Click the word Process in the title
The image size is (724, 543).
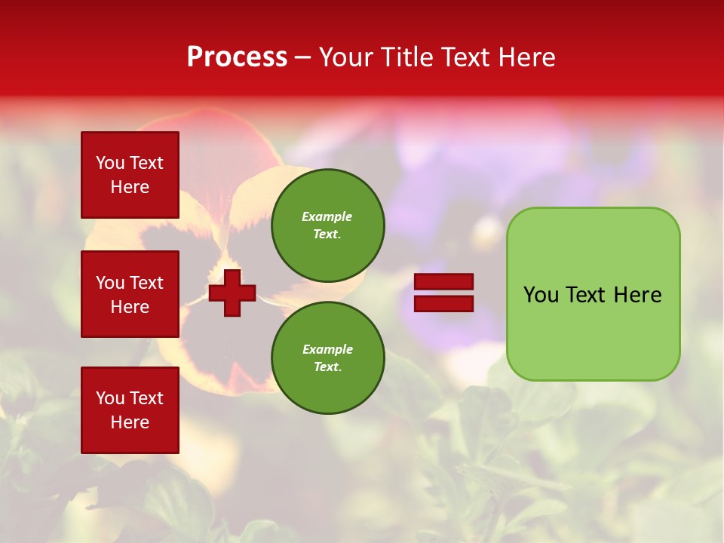(x=237, y=57)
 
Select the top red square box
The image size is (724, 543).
(x=130, y=175)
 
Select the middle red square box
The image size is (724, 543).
(x=130, y=294)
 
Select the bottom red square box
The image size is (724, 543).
(x=130, y=410)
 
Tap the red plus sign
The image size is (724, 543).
(x=232, y=293)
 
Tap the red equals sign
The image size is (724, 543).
(x=444, y=293)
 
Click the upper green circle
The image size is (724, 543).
(x=327, y=225)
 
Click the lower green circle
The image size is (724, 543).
(x=327, y=357)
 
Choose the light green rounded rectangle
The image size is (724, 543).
(x=593, y=294)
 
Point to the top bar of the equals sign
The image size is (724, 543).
(x=444, y=282)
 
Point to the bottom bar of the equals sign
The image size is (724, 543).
(x=444, y=303)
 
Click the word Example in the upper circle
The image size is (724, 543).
(x=327, y=216)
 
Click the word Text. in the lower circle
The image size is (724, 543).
(x=327, y=367)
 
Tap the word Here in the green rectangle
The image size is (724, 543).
(x=637, y=295)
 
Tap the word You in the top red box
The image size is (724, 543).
(x=110, y=163)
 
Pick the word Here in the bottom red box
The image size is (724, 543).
(x=130, y=422)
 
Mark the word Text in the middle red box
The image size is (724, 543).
(x=146, y=283)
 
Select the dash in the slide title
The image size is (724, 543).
(x=302, y=57)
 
